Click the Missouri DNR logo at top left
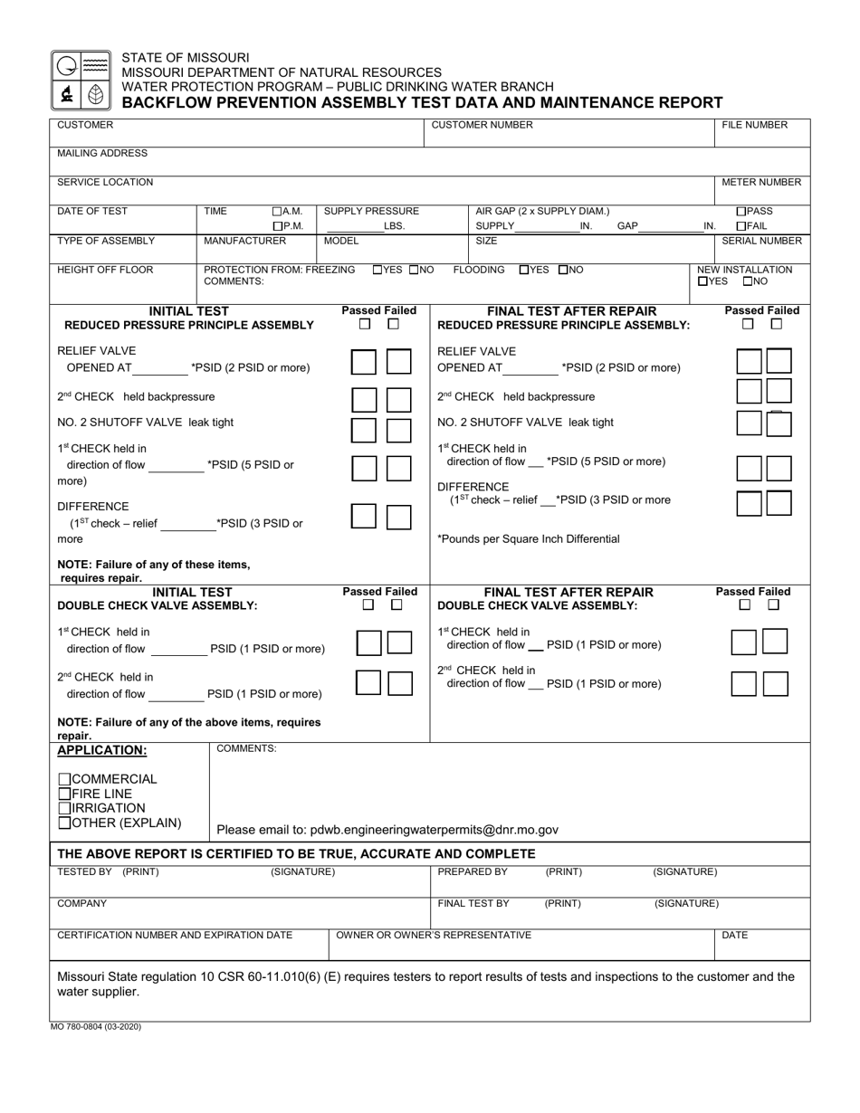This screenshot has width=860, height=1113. point(81,80)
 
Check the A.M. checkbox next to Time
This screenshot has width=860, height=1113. point(277,212)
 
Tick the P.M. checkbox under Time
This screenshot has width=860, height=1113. point(277,226)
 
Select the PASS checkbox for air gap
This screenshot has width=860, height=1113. point(741,212)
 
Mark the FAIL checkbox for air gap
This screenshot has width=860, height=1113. point(741,226)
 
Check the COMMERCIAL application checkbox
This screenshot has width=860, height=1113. point(64,779)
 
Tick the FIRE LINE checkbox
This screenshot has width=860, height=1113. point(64,794)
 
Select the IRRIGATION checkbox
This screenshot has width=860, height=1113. point(64,808)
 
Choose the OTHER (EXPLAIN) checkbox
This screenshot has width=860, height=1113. point(64,823)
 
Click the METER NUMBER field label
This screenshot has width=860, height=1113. point(760,182)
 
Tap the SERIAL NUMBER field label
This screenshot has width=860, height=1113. point(760,241)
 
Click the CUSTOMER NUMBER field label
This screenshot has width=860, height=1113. point(482,125)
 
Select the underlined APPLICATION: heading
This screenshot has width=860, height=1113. point(101,750)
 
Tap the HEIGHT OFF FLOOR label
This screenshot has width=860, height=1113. point(105,270)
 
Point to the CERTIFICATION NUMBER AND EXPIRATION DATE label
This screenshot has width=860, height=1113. point(175,935)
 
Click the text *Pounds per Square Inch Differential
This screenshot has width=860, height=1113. point(528,538)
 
